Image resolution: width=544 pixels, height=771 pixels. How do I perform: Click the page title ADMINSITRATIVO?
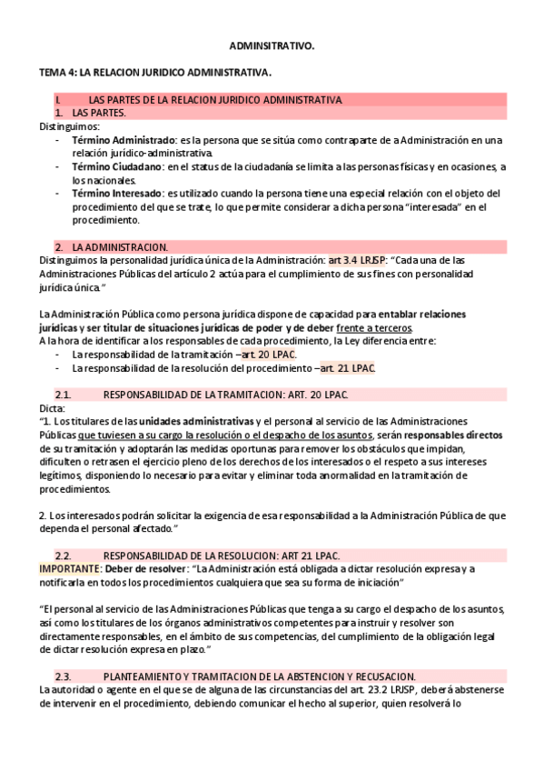pos(272,44)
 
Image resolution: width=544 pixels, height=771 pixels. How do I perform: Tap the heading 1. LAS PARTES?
pos(99,113)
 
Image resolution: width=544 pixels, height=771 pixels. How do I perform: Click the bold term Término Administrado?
pos(124,141)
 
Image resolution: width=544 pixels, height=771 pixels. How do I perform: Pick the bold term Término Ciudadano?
pos(117,167)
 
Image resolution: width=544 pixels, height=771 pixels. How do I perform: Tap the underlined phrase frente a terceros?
pos(374,327)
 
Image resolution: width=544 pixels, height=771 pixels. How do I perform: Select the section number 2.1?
pos(63,395)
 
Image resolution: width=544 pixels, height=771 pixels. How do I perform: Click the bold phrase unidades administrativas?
pos(195,422)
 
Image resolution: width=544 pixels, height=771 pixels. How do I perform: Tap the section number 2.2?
pos(63,556)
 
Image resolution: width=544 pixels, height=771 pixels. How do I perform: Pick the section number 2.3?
pos(63,676)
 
